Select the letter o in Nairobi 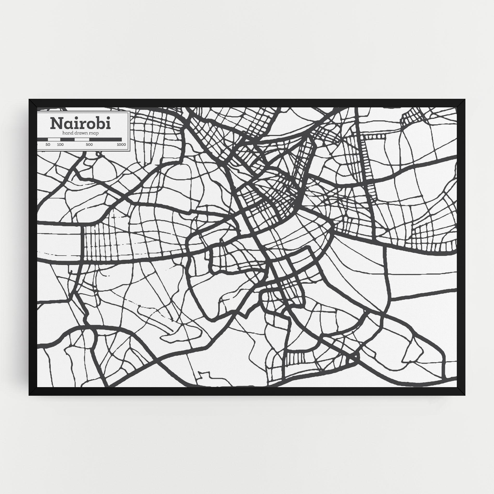click(91, 125)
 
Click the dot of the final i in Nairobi click(108, 119)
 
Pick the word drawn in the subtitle click(81, 133)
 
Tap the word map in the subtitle click(94, 133)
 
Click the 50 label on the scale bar click(48, 145)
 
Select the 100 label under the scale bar click(60, 145)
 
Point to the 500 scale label click(89, 145)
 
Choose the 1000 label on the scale click(121, 145)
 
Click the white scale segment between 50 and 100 click(54, 139)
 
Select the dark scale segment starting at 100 click(67, 139)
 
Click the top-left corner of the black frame click(29, 100)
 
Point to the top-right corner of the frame click(465, 100)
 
